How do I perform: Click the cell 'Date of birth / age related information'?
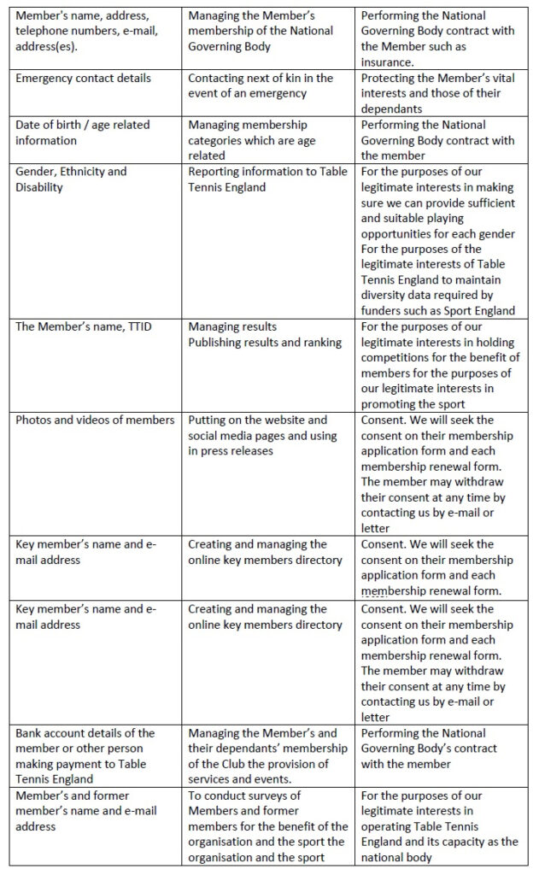click(83, 132)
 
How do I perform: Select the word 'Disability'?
click(39, 186)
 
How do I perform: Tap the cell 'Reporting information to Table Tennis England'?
click(267, 179)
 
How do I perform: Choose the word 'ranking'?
click(319, 342)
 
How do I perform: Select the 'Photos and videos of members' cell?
click(95, 420)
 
